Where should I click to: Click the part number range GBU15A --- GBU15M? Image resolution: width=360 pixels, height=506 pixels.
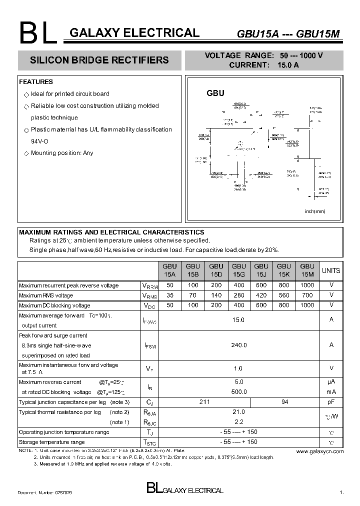pyautogui.click(x=288, y=34)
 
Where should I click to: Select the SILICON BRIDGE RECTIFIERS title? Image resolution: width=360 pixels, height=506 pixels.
pyautogui.click(x=99, y=60)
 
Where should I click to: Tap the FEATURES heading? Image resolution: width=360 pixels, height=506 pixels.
pyautogui.click(x=36, y=82)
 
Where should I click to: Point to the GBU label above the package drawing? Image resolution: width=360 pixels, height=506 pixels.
pyautogui.click(x=215, y=93)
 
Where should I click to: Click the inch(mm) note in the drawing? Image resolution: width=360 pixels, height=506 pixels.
pyautogui.click(x=315, y=211)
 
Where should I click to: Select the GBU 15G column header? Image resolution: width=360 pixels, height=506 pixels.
pyautogui.click(x=238, y=270)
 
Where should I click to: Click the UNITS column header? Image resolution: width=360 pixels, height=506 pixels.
pyautogui.click(x=330, y=270)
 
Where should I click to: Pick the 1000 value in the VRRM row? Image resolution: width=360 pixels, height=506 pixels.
pyautogui.click(x=307, y=285)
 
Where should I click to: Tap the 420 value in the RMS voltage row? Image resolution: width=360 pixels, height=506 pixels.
pyautogui.click(x=261, y=295)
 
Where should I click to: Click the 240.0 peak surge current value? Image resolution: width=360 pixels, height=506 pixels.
pyautogui.click(x=238, y=345)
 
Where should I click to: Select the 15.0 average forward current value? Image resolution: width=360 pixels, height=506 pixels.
pyautogui.click(x=238, y=320)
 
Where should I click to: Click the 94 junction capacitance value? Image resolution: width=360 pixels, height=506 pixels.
pyautogui.click(x=284, y=402)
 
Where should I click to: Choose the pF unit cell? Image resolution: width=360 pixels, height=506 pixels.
pyautogui.click(x=330, y=402)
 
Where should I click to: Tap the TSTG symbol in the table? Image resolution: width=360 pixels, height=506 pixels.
pyautogui.click(x=150, y=442)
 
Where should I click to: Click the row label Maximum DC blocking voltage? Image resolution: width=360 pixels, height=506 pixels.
pyautogui.click(x=54, y=305)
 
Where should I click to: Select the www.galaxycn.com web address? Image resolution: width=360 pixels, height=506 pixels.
pyautogui.click(x=319, y=451)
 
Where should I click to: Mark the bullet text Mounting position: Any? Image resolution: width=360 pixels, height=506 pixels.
pyautogui.click(x=62, y=153)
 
